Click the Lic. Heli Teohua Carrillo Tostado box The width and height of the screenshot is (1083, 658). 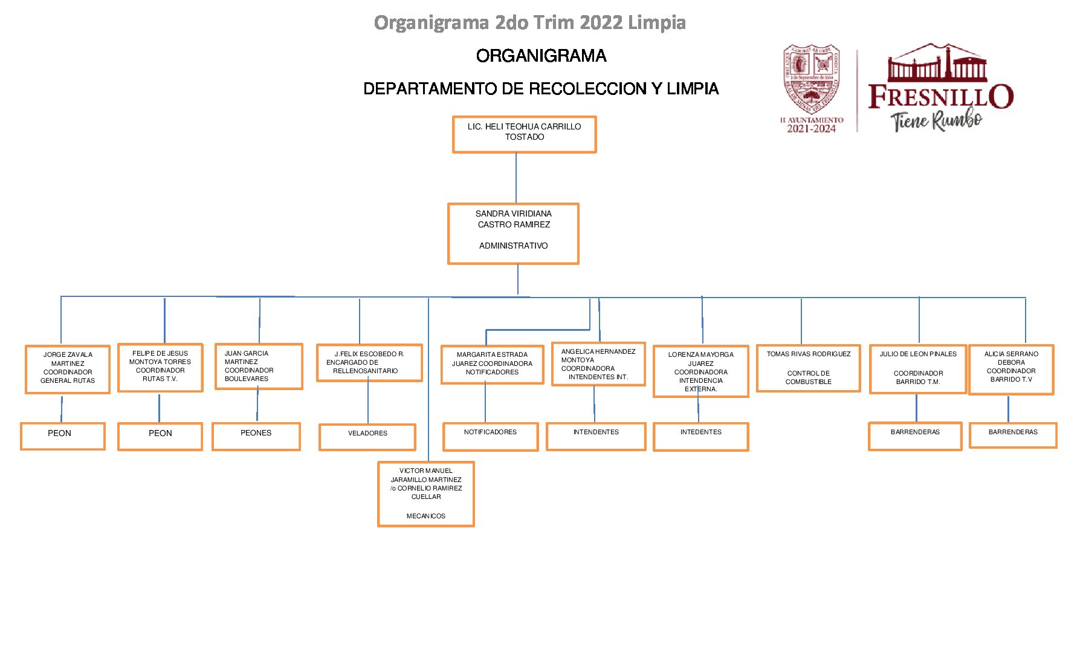point(524,134)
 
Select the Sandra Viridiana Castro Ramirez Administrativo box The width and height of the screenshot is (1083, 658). point(513,233)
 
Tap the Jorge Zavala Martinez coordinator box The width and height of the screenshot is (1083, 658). point(68,369)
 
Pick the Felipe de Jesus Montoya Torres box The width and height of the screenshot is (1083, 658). point(160,368)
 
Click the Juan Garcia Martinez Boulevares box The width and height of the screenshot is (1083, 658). point(259,366)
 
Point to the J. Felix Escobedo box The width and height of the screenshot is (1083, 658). point(369,363)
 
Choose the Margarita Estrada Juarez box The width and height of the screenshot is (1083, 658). point(492,364)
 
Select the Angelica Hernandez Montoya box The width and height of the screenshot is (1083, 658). point(598,364)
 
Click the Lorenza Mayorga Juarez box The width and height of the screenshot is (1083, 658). point(701,371)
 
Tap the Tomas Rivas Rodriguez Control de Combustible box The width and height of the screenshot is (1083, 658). point(809,368)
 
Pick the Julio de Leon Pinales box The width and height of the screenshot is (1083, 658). point(918,369)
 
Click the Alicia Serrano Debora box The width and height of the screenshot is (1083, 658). point(1011,370)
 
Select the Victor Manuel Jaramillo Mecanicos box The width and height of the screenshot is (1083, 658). point(426,494)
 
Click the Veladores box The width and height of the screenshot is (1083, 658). point(367,437)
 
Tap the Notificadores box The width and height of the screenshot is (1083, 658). point(490,436)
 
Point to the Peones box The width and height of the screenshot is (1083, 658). point(256,436)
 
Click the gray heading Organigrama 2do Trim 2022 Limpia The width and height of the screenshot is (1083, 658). point(529,22)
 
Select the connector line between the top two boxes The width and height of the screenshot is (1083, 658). point(516,178)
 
